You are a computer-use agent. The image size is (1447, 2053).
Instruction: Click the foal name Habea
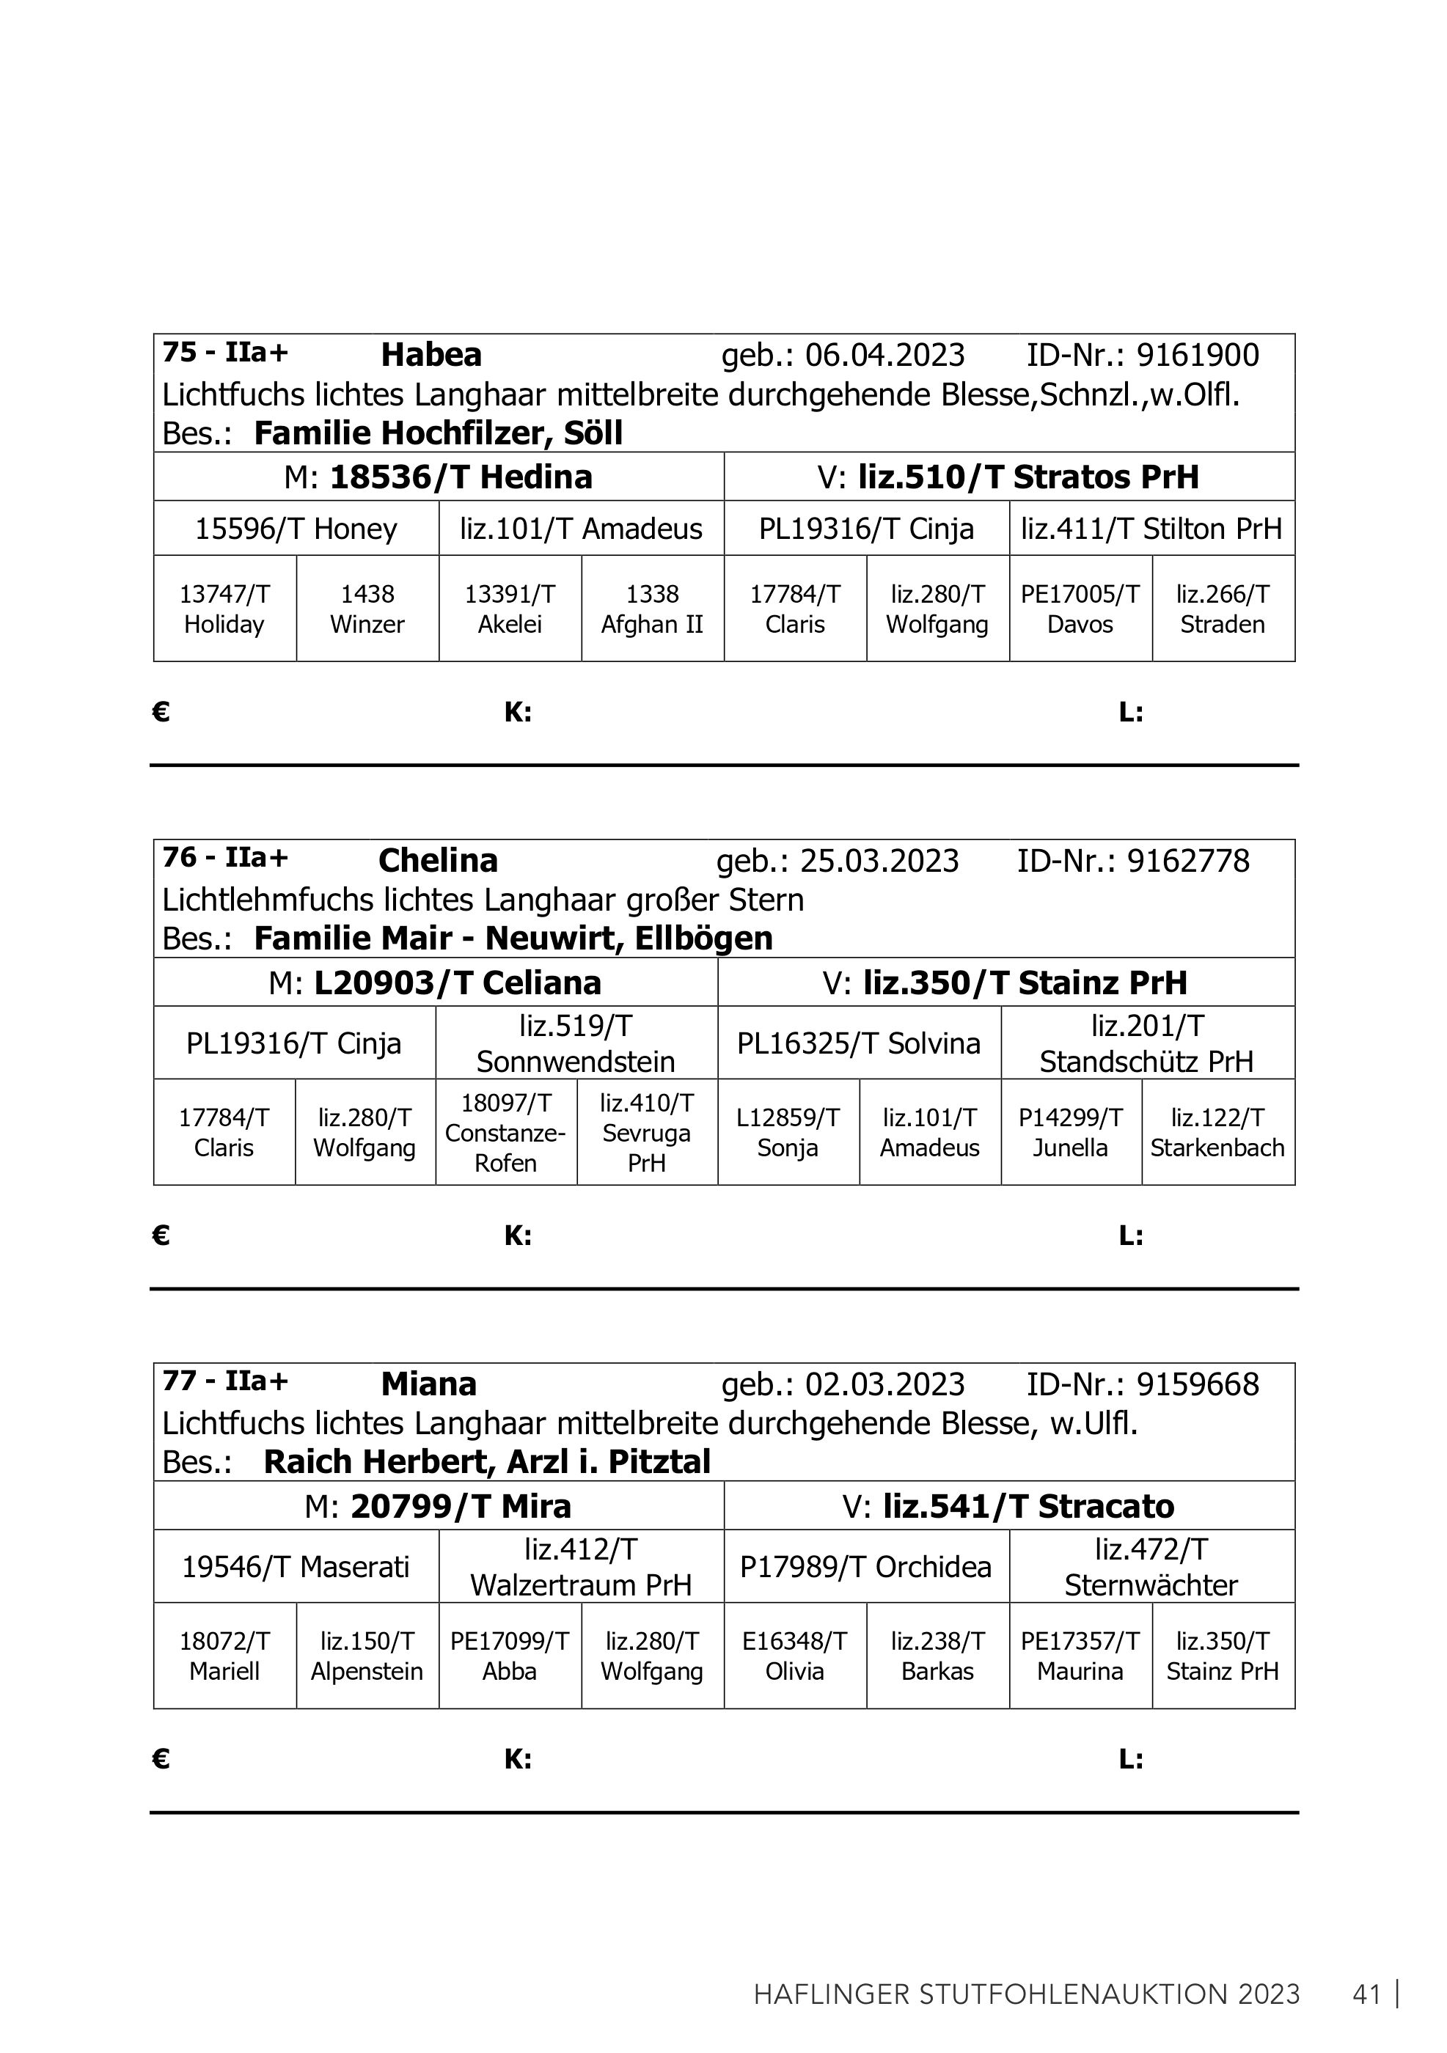[x=431, y=355]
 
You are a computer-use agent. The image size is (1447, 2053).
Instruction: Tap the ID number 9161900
[x=1198, y=356]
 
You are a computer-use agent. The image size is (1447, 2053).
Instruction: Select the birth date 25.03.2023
[x=879, y=861]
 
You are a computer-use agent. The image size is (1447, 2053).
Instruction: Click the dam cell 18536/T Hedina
[x=439, y=477]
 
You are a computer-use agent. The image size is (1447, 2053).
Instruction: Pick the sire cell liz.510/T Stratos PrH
[x=1008, y=477]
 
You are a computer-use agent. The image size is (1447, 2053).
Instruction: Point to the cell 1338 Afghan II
[x=652, y=609]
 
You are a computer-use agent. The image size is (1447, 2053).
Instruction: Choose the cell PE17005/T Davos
[x=1080, y=609]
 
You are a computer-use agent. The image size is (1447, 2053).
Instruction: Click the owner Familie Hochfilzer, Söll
[x=439, y=433]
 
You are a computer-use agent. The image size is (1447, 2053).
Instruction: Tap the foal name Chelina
[x=437, y=861]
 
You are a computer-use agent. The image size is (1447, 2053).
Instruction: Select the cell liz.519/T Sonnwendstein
[x=576, y=1043]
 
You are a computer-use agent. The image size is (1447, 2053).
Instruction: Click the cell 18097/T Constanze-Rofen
[x=505, y=1133]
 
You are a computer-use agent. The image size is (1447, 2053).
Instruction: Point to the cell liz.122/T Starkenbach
[x=1217, y=1133]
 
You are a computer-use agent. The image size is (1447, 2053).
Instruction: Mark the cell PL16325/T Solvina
[x=859, y=1043]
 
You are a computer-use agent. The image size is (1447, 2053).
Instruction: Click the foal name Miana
[x=428, y=1384]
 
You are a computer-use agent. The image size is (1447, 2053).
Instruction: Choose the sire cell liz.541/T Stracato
[x=1008, y=1507]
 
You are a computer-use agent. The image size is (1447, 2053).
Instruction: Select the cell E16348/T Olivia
[x=794, y=1656]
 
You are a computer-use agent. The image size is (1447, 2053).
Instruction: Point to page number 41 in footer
[x=1367, y=1995]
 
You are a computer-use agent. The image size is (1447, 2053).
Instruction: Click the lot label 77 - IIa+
[x=225, y=1381]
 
